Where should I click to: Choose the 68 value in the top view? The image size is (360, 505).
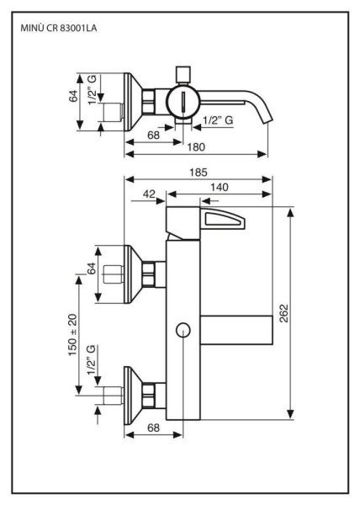pos(153,135)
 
